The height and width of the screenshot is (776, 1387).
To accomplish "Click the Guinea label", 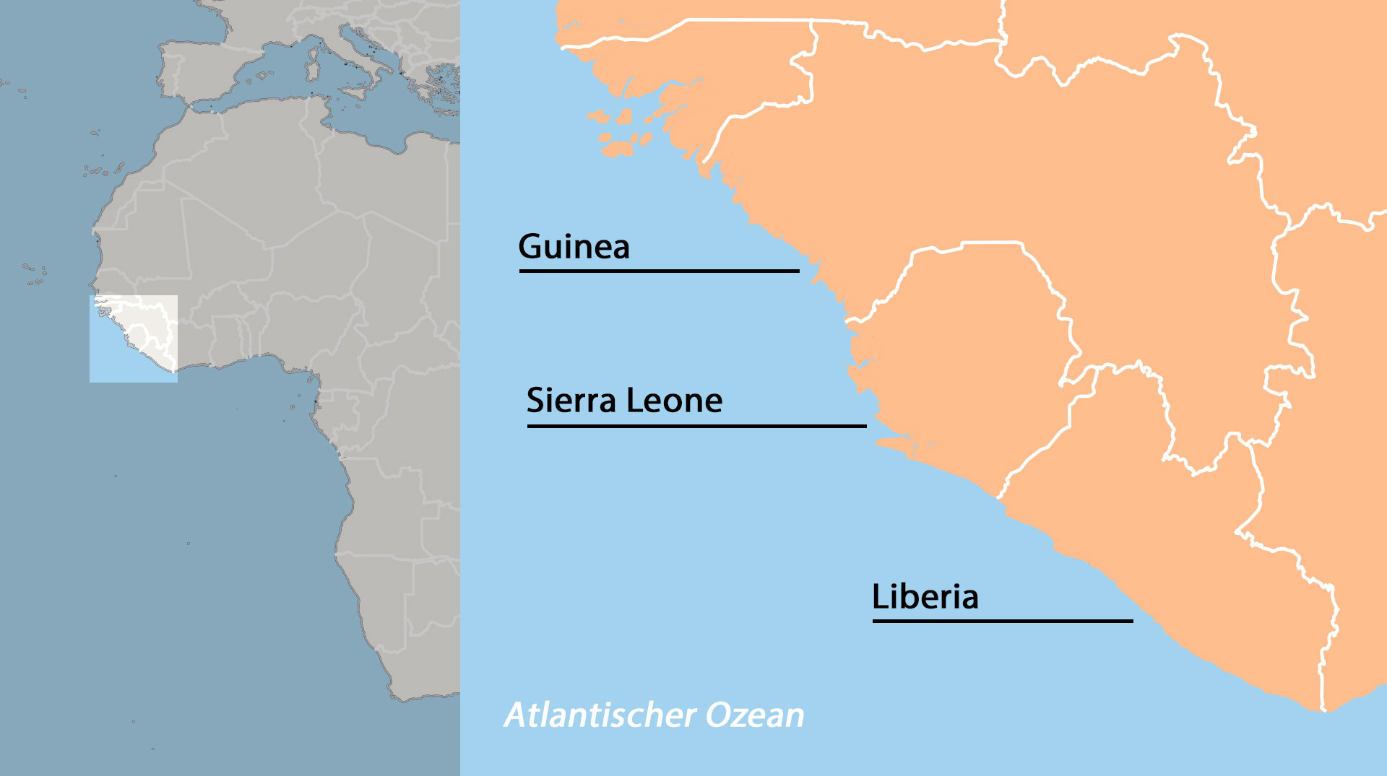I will click(x=574, y=247).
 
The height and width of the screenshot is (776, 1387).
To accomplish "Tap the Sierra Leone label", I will click(x=624, y=401).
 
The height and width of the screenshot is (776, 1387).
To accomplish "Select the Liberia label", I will click(x=925, y=597).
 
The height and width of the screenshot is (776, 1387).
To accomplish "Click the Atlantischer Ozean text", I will click(x=654, y=715).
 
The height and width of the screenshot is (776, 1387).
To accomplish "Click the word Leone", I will click(x=674, y=401).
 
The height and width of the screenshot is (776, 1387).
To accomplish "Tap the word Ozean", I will click(x=754, y=715).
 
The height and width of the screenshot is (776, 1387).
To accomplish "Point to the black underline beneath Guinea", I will click(x=659, y=271).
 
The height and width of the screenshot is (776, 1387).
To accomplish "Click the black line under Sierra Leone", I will click(x=696, y=426).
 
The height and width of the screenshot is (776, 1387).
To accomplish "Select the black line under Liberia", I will click(x=1002, y=620).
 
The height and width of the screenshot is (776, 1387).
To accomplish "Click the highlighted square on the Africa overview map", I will click(x=134, y=339).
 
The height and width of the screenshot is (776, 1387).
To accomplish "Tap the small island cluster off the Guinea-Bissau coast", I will click(x=621, y=134).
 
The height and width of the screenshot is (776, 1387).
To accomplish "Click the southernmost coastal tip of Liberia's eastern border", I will click(x=1323, y=710).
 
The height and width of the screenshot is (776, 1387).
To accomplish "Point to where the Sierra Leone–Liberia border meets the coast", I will click(x=999, y=498).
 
